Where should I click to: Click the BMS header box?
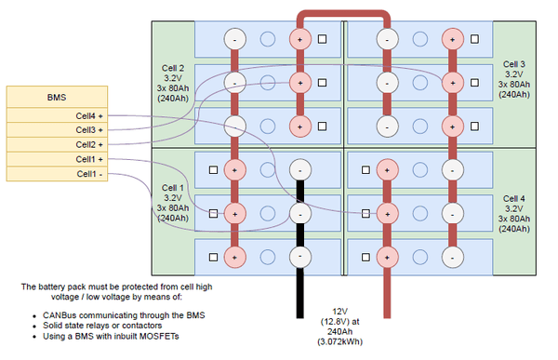pos(55,97)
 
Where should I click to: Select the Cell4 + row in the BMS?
pos(55,115)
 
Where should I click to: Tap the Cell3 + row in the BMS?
pos(55,130)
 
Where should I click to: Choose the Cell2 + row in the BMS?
pos(55,145)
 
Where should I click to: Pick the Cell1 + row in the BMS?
pos(55,159)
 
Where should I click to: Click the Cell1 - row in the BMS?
pos(55,174)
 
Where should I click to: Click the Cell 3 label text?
pos(514,78)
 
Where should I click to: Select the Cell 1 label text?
pos(174,202)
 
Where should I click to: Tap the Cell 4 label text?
pos(514,212)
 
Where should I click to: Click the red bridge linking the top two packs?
pos(342,14)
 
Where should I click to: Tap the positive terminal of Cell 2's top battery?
pos(299,39)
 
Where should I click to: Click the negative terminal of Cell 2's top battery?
pos(235,39)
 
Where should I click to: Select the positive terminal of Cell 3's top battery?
pos(451,39)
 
